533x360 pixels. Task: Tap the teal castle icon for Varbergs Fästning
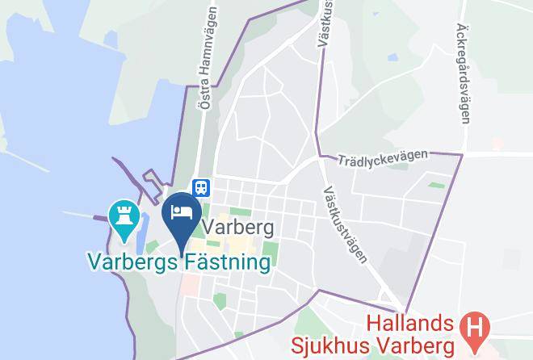pyautogui.click(x=124, y=216)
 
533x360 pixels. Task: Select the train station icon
pyautogui.click(x=201, y=187)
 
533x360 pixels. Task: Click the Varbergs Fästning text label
pyautogui.click(x=178, y=262)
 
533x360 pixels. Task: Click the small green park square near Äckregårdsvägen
pyautogui.click(x=436, y=186)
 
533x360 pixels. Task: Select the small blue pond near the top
pyautogui.click(x=392, y=57)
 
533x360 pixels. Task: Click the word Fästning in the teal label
pyautogui.click(x=224, y=262)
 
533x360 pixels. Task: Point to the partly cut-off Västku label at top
pyautogui.click(x=325, y=23)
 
